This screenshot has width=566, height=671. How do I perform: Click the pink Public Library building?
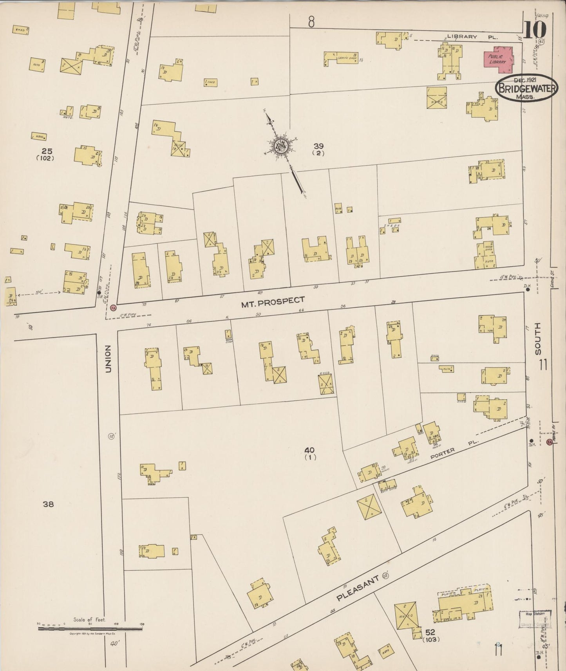pos(498,60)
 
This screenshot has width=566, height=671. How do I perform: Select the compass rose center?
pos(281,146)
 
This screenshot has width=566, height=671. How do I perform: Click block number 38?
pos(48,504)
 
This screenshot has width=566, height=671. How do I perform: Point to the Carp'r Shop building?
pos(340,59)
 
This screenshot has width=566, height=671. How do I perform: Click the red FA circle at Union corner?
pos(113,308)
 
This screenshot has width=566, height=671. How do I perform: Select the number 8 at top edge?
pos(311,23)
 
